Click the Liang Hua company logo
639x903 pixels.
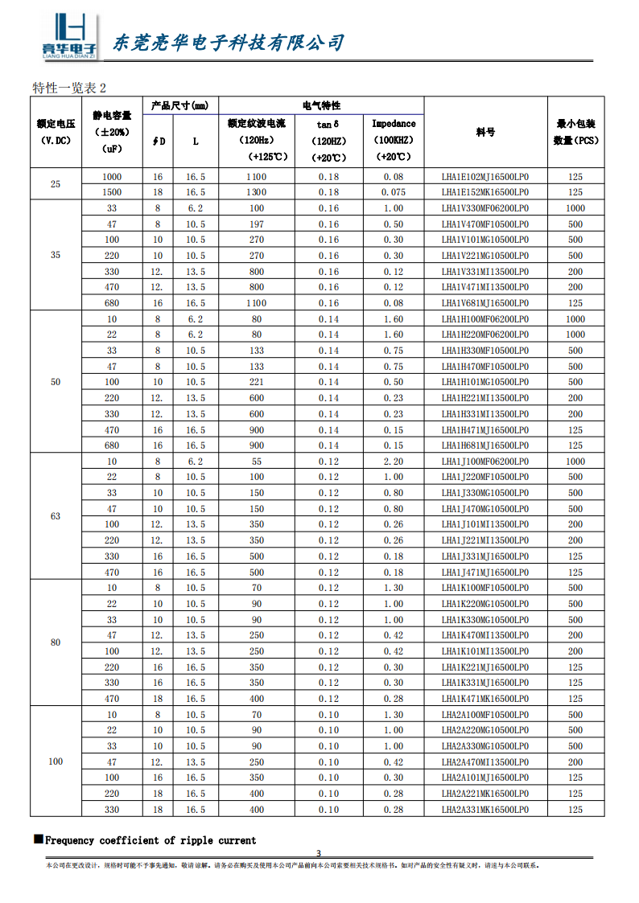coord(68,37)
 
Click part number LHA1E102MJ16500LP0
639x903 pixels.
coord(484,176)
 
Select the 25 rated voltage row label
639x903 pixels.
coord(56,184)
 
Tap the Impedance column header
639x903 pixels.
coord(394,124)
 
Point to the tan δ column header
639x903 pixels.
coord(328,124)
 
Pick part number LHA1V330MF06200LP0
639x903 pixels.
coord(484,208)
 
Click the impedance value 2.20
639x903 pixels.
coord(394,462)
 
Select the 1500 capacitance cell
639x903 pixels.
coord(112,192)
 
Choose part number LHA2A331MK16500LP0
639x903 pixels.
coord(484,810)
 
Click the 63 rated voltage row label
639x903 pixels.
coord(56,516)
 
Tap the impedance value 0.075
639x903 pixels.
coord(394,192)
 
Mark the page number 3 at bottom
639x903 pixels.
coord(319,853)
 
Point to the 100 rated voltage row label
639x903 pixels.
coord(56,761)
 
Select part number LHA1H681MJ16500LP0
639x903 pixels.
coord(484,445)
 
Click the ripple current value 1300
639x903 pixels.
coord(256,192)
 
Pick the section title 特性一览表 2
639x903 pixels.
coord(69,87)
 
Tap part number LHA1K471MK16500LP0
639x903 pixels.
coord(484,699)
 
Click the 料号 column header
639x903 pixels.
coord(485,132)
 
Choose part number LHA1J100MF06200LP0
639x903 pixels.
coord(484,462)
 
